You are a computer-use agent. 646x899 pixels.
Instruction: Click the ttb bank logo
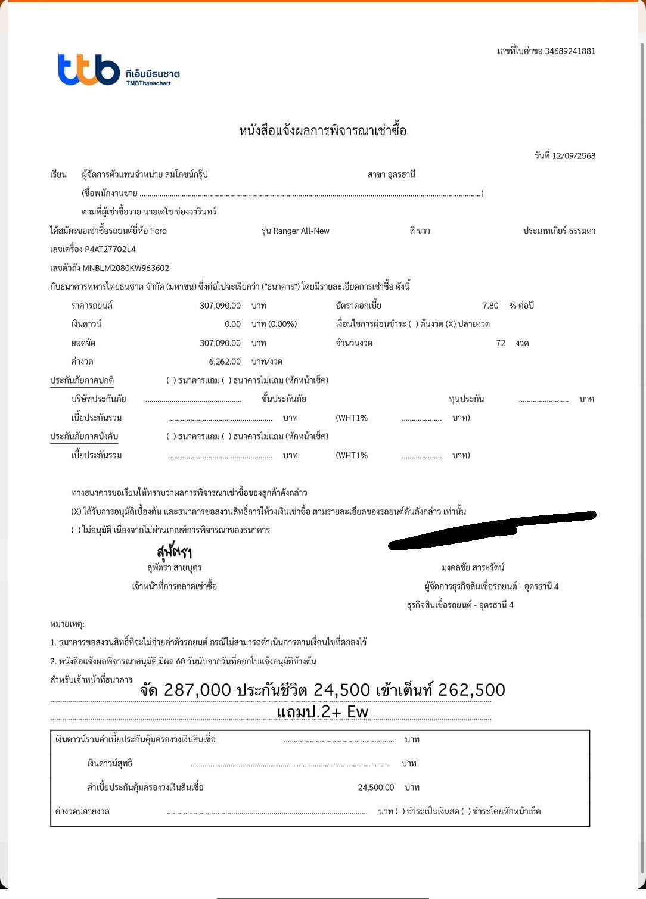click(89, 70)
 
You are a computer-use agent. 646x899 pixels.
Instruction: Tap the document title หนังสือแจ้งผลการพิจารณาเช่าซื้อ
click(322, 131)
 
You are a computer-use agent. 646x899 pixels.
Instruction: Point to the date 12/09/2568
click(573, 156)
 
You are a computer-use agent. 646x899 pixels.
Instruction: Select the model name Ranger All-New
click(301, 231)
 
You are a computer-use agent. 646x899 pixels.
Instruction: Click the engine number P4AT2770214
click(110, 250)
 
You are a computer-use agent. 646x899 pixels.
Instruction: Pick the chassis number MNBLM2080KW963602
click(126, 268)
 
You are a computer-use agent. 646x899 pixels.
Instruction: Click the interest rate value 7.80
click(490, 306)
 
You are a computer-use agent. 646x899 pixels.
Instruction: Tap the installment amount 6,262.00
click(225, 362)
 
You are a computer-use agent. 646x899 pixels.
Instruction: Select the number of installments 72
click(501, 343)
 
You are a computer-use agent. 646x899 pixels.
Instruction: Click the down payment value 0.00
click(232, 324)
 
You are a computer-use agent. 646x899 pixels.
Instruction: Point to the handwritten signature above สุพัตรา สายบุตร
click(174, 551)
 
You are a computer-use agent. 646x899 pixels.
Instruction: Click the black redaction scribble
click(492, 529)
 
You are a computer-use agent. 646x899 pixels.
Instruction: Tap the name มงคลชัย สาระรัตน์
click(473, 568)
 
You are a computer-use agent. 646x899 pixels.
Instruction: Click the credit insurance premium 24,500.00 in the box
click(375, 788)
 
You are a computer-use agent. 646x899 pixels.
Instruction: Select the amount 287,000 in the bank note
click(197, 690)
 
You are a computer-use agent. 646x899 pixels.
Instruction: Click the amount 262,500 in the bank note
click(471, 690)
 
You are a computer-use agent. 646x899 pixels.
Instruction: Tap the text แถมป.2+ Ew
click(322, 712)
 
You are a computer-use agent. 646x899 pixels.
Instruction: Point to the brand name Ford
click(159, 231)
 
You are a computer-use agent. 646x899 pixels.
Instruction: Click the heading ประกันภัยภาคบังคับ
click(84, 437)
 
